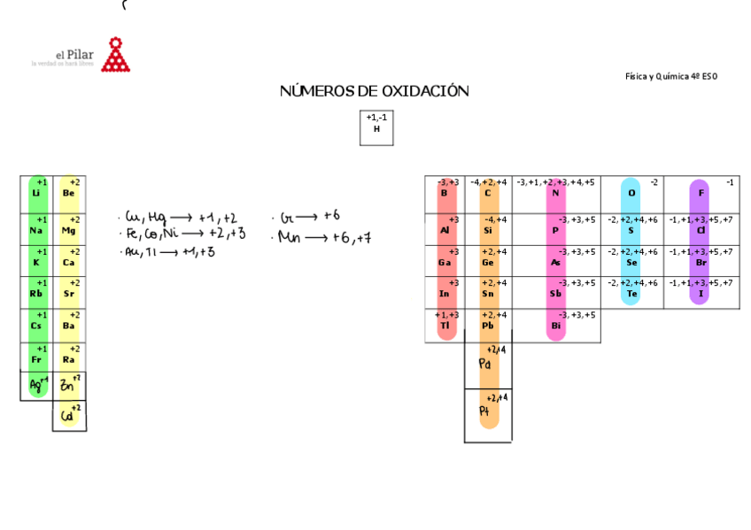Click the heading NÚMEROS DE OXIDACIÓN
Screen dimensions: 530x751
pos(374,91)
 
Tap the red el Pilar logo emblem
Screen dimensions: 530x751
pos(115,56)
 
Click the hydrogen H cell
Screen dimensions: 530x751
pos(376,127)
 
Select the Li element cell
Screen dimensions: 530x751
pos(35,193)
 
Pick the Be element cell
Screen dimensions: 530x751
pos(69,193)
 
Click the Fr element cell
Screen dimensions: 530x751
pos(35,359)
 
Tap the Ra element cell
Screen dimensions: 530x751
pos(69,359)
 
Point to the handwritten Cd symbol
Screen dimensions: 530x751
pos(68,415)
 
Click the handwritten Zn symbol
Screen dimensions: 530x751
pos(68,385)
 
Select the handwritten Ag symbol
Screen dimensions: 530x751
pos(35,385)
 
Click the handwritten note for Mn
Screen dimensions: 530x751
pos(324,237)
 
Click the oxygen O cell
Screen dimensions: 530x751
pos(631,193)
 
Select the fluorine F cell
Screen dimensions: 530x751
pos(701,193)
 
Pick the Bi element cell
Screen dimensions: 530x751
pos(556,326)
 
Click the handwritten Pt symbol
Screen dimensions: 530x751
pos(485,411)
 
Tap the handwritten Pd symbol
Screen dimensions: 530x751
pos(485,364)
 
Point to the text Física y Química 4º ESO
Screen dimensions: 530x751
pos(670,76)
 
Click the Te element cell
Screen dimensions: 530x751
pos(631,293)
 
